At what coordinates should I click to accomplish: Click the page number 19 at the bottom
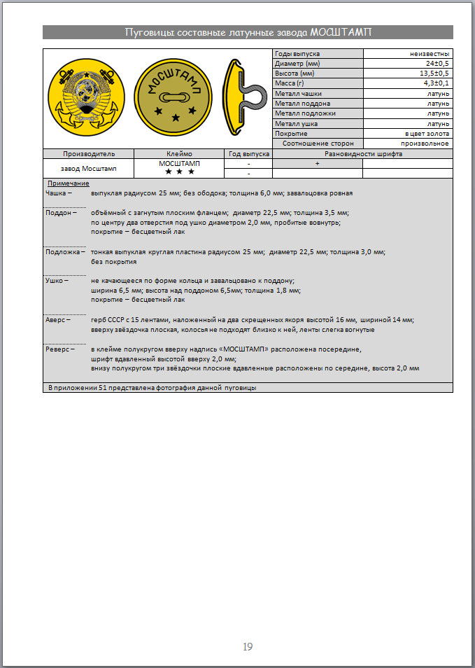(248, 646)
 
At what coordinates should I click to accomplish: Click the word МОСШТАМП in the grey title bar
(341, 32)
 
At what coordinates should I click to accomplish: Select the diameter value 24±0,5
(437, 64)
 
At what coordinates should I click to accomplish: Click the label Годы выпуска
(297, 54)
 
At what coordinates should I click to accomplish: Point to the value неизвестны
(430, 54)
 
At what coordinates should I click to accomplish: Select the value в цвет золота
(427, 133)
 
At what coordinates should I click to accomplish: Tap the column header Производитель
(88, 153)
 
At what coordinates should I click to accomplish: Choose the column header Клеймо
(180, 153)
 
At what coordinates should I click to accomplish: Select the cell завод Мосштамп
(88, 168)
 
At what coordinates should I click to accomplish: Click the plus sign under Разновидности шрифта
(317, 163)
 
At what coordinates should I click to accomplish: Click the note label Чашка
(57, 193)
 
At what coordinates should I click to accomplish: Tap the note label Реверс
(57, 349)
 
